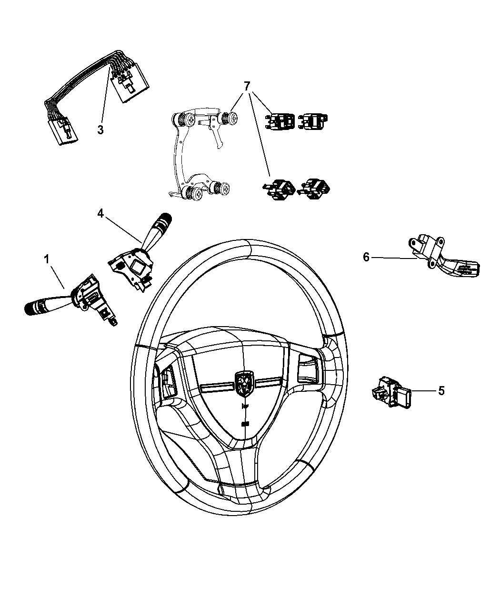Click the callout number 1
coord(47,259)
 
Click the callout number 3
coord(100,129)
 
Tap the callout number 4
coord(100,214)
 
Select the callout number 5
coord(441,391)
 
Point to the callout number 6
coord(366,257)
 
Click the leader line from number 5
coord(422,391)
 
